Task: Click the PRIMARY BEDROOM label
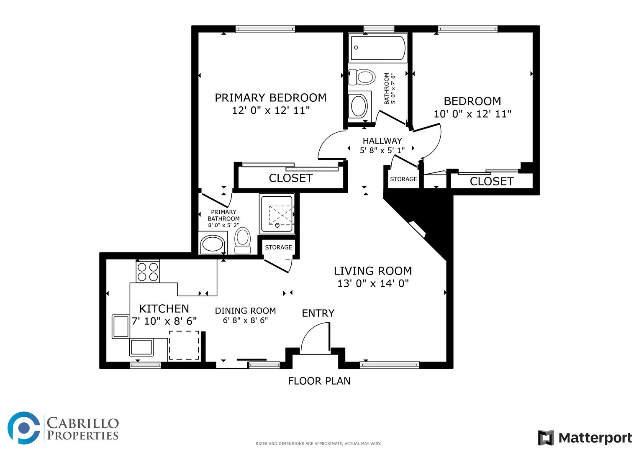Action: (x=270, y=98)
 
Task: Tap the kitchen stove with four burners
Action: (x=148, y=272)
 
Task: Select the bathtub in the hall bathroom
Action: (x=378, y=48)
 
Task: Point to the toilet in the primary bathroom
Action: (x=242, y=240)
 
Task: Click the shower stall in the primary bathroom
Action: (x=277, y=214)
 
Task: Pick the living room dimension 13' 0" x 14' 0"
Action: (x=373, y=283)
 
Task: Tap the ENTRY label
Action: (x=318, y=313)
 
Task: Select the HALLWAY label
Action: (x=382, y=141)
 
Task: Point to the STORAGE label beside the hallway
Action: (x=404, y=179)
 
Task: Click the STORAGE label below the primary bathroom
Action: (x=278, y=247)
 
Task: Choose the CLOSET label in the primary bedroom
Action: (x=291, y=178)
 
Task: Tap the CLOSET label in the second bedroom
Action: (x=492, y=182)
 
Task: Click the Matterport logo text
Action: (x=595, y=438)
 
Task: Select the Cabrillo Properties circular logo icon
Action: (x=24, y=428)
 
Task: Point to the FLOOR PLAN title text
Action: (x=319, y=381)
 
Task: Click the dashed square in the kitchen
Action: (x=184, y=345)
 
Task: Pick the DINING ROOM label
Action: (x=245, y=311)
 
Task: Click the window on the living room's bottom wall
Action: (x=390, y=365)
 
